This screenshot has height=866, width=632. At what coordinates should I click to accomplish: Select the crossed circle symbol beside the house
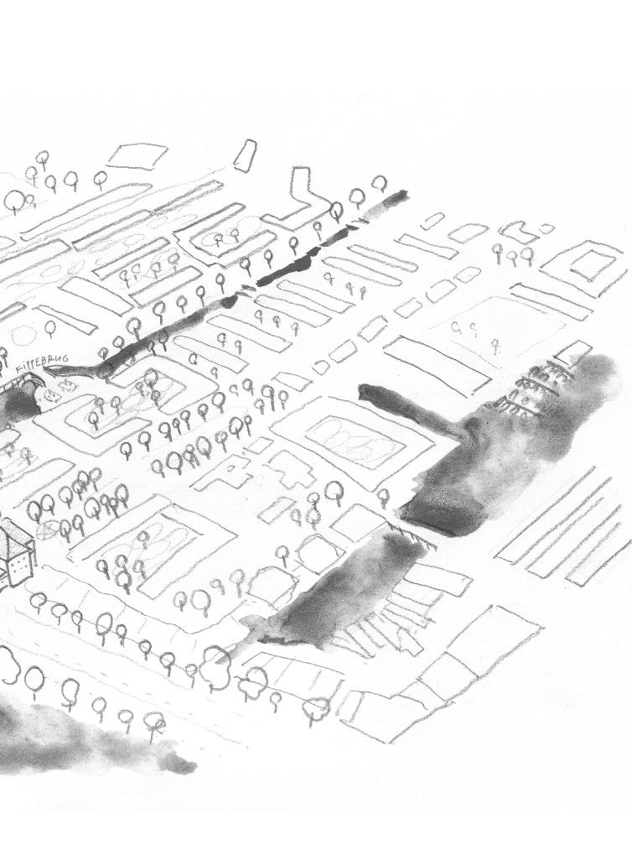(x=48, y=530)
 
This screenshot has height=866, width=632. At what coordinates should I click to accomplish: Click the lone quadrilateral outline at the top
(x=138, y=155)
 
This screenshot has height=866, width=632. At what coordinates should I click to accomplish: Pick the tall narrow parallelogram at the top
(x=245, y=156)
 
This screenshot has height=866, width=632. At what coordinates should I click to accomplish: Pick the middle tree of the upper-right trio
(x=512, y=253)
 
